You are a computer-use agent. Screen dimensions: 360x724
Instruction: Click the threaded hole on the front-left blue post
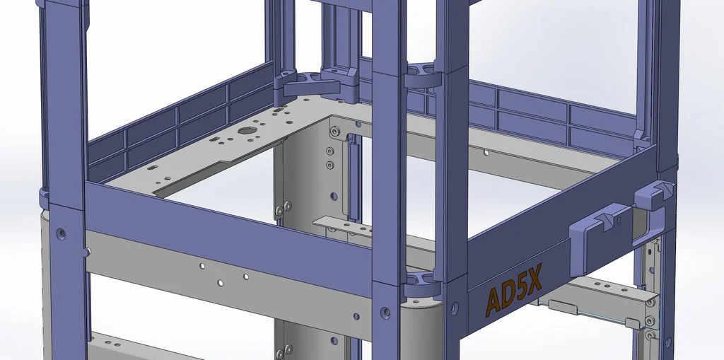point(59,231)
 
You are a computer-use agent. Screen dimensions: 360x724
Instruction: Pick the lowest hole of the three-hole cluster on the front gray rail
point(221,283)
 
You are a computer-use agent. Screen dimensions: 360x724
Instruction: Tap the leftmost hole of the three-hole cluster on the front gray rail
point(202,267)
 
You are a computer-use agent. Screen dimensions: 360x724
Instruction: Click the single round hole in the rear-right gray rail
point(486,152)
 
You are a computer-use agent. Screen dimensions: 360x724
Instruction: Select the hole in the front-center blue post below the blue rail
point(386,310)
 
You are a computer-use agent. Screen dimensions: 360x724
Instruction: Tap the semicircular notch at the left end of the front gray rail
point(87,250)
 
